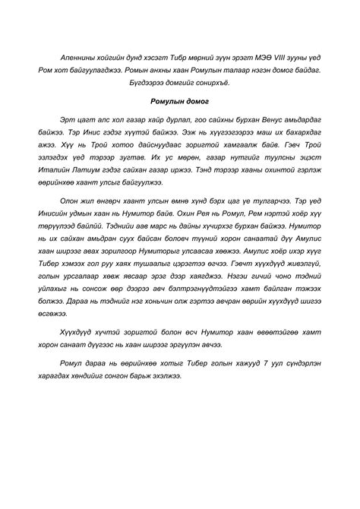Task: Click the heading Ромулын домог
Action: pos(180,100)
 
